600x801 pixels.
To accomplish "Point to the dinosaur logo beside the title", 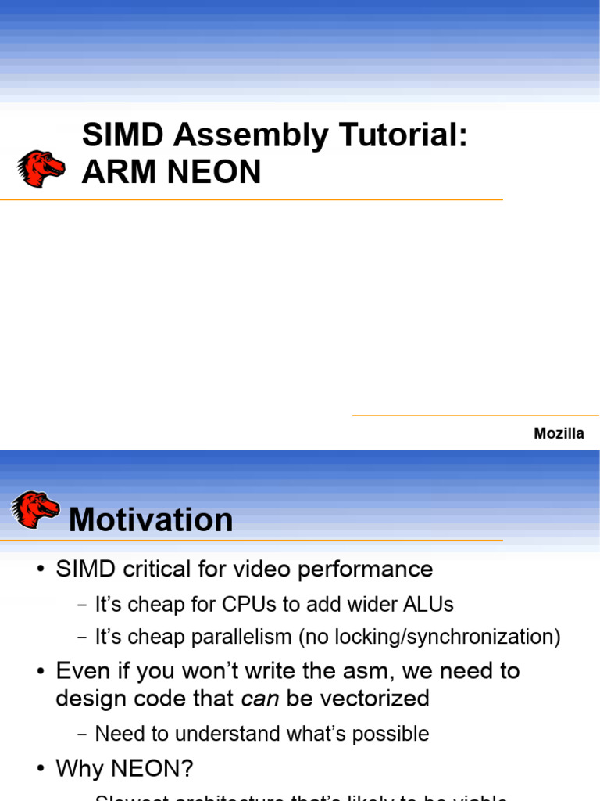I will (x=41, y=168).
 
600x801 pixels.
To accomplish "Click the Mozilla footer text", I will (x=559, y=433).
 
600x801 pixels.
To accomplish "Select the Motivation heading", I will (x=151, y=520).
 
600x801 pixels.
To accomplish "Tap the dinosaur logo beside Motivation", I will (x=35, y=509).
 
